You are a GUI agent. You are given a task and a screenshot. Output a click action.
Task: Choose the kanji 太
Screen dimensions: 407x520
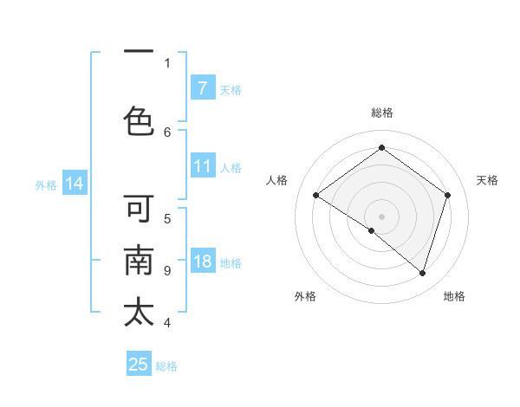139,313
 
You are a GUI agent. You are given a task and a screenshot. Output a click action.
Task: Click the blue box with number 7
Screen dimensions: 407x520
202,87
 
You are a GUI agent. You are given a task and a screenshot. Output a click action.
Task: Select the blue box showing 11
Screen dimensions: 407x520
202,167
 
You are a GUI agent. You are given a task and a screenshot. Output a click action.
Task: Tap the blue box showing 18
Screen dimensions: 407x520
202,262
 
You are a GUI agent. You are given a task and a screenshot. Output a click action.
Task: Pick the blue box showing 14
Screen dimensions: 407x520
75,184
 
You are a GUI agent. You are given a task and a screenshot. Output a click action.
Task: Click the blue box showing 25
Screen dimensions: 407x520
139,365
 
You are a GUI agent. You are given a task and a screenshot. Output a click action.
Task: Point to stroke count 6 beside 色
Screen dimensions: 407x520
167,132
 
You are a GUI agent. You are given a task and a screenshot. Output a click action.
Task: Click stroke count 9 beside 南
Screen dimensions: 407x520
167,270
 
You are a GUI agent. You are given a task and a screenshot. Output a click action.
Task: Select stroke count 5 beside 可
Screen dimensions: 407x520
167,218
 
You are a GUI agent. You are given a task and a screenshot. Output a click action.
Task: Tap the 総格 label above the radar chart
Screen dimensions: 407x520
381,113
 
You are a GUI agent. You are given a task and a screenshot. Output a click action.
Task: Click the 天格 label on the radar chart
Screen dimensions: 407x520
487,180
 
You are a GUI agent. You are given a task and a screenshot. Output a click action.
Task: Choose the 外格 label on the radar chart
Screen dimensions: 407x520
305,296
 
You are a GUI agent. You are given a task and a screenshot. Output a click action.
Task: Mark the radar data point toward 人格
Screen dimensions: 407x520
315,196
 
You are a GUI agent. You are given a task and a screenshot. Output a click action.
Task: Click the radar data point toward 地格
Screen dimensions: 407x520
422,273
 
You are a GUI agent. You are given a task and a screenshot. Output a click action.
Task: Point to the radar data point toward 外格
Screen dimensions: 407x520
372,230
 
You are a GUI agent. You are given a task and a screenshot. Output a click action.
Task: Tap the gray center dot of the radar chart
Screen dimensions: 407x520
381,216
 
